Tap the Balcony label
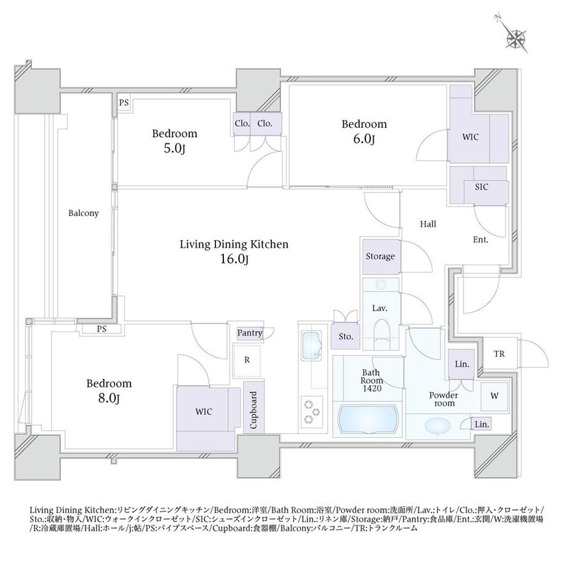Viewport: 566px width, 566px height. pyautogui.click(x=84, y=213)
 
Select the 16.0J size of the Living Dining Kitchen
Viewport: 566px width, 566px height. pyautogui.click(x=234, y=259)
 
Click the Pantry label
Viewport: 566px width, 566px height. pyautogui.click(x=249, y=332)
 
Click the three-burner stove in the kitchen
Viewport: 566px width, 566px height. pyautogui.click(x=312, y=412)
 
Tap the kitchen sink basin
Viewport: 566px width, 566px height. pyautogui.click(x=311, y=346)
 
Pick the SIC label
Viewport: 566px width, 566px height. pyautogui.click(x=482, y=186)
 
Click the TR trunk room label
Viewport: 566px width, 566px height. pyautogui.click(x=499, y=354)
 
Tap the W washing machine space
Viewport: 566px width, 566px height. pyautogui.click(x=495, y=396)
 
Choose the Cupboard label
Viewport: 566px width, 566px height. pyautogui.click(x=253, y=410)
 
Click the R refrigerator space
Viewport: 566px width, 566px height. pyautogui.click(x=247, y=361)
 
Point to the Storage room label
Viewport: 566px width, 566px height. pyautogui.click(x=380, y=257)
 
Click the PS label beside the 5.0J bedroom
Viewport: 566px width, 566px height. pyautogui.click(x=124, y=103)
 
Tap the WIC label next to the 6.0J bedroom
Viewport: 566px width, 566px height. pyautogui.click(x=471, y=137)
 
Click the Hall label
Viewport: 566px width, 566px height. pyautogui.click(x=428, y=224)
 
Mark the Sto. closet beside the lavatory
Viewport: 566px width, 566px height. pyautogui.click(x=346, y=337)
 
